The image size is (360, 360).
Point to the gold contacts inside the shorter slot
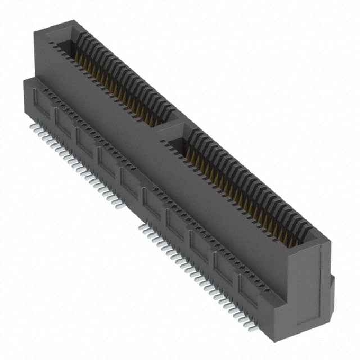pos(112,84)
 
